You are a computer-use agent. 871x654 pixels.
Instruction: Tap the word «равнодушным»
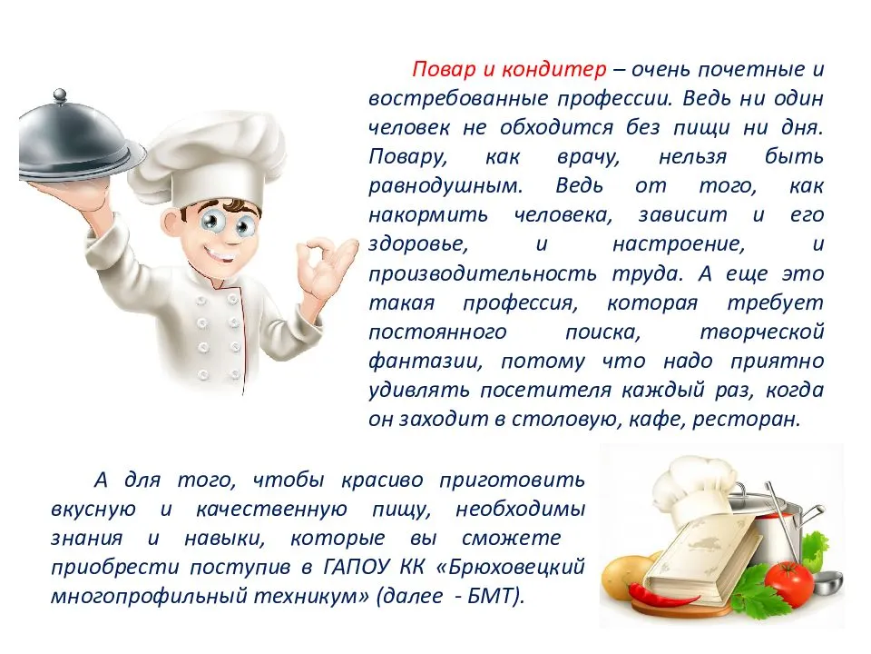445,185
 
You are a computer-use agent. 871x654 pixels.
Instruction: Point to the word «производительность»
482,273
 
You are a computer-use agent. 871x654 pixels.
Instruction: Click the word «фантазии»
425,362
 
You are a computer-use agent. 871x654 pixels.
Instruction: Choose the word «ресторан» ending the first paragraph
746,420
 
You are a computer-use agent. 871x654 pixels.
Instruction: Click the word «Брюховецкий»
511,567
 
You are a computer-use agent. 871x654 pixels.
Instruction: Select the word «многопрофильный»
149,597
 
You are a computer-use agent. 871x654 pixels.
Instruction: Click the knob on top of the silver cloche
60,95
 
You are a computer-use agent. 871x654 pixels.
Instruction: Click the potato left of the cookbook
624,576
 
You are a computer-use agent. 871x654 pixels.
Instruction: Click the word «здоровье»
417,244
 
